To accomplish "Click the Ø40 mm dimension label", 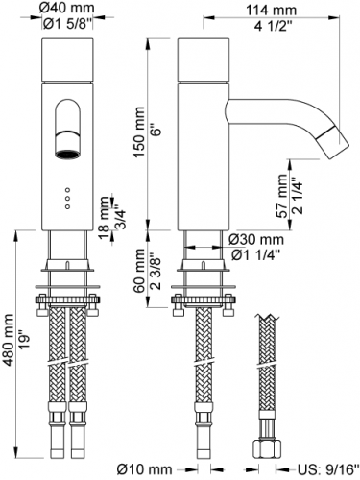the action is [x=67, y=8].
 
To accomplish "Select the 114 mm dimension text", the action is [x=271, y=11].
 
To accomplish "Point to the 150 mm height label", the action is [x=139, y=132].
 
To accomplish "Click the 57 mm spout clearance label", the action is [x=283, y=196].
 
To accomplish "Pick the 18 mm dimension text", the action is [x=104, y=218].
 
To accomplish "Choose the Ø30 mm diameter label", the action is [x=256, y=239].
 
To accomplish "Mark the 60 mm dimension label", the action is [x=139, y=271].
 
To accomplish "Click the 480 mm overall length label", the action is [x=10, y=340].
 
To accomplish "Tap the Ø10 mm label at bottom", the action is [x=144, y=469].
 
